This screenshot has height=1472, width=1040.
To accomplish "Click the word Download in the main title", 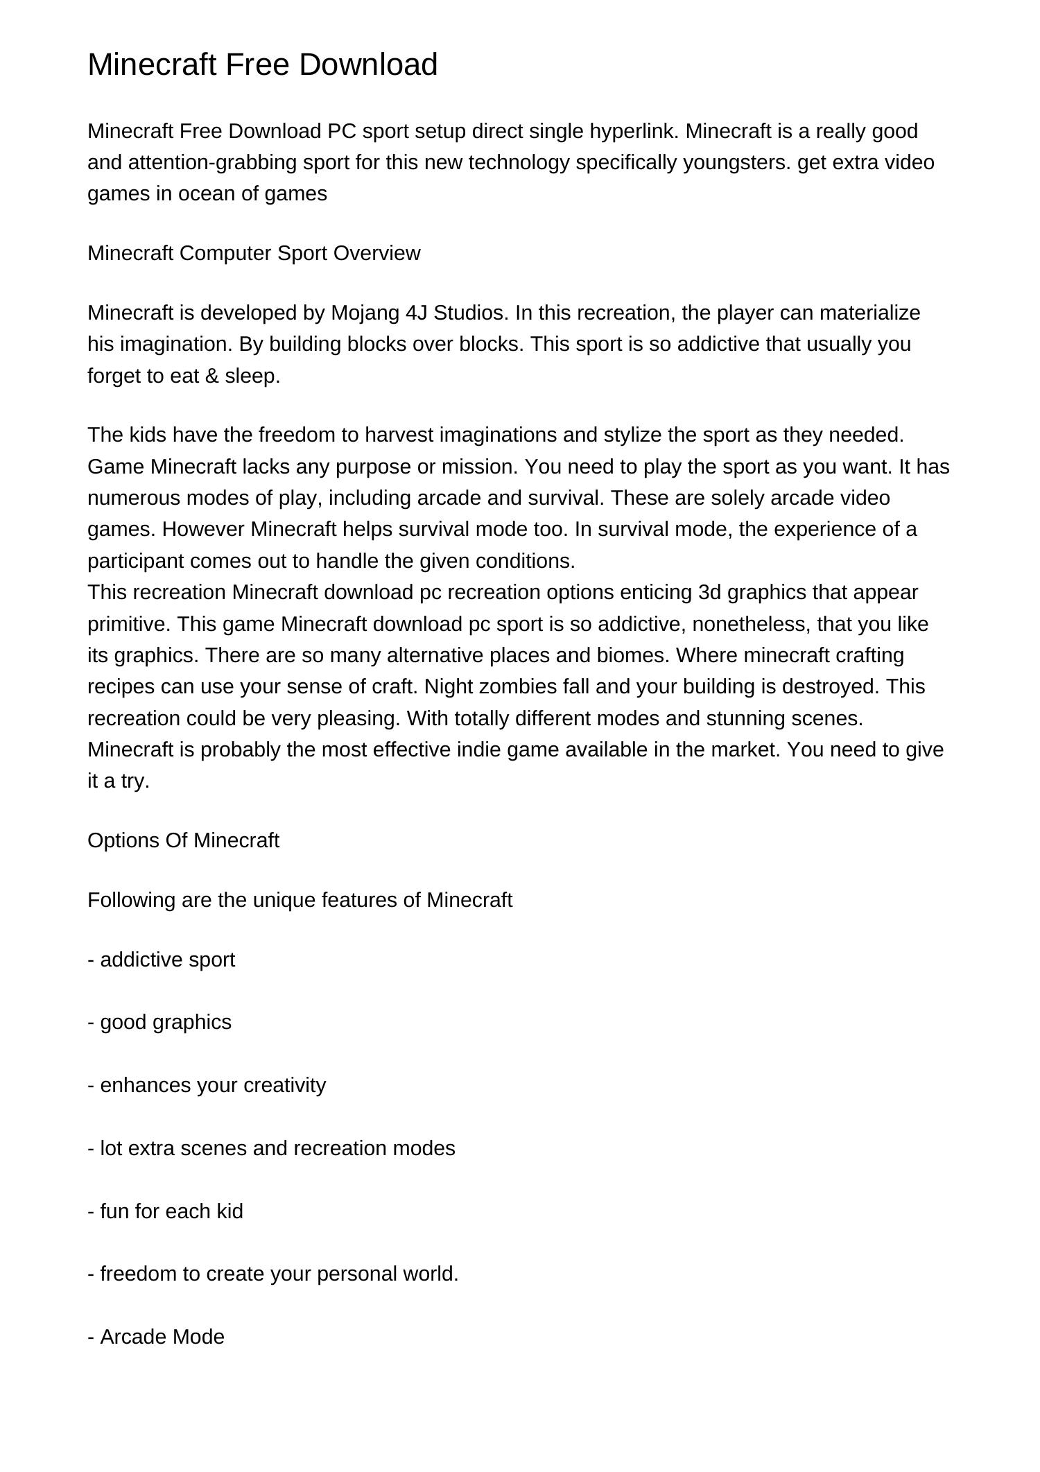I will pyautogui.click(x=368, y=64).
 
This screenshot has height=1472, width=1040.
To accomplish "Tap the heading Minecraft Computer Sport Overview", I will pyautogui.click(x=254, y=253).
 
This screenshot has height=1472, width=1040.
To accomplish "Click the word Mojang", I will pyautogui.click(x=363, y=313).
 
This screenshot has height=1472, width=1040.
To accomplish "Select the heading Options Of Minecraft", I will pyautogui.click(x=183, y=840).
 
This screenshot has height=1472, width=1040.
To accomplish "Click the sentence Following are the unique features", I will pyautogui.click(x=300, y=900).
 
